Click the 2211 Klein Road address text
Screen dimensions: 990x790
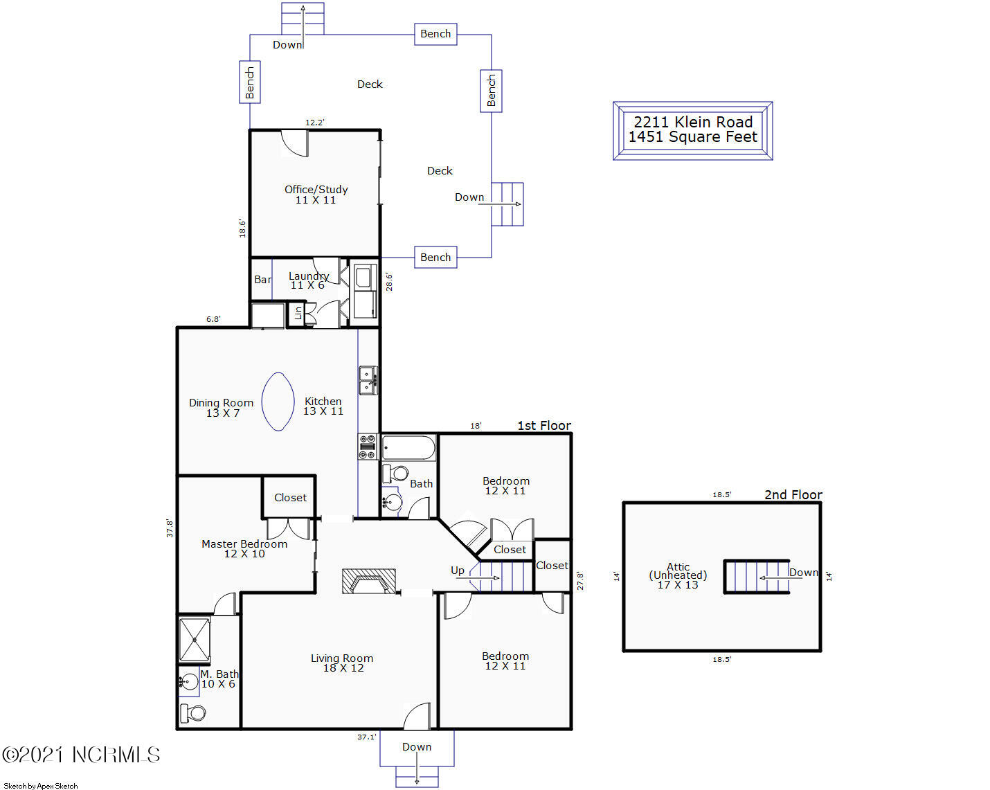[693, 122]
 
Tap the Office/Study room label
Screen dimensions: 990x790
[316, 190]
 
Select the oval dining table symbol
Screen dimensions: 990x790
[278, 402]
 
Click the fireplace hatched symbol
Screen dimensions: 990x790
[368, 581]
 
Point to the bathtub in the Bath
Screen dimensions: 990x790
[408, 448]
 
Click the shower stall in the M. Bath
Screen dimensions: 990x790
[195, 640]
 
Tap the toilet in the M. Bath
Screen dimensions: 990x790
[192, 713]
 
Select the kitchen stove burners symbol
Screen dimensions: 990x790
[368, 447]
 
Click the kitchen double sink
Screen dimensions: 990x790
[368, 381]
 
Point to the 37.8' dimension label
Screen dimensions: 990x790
[170, 528]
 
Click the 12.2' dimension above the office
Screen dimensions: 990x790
[315, 123]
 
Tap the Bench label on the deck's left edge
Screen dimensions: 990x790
[250, 82]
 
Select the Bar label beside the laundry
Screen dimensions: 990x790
[262, 279]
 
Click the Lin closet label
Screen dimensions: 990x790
[298, 314]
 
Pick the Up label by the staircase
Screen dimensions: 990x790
[458, 571]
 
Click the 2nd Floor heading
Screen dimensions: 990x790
[793, 494]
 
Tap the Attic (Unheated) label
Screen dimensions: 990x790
[678, 571]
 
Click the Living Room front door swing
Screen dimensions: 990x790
[417, 717]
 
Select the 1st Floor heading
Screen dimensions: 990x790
[544, 426]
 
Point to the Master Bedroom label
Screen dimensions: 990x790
[244, 544]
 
